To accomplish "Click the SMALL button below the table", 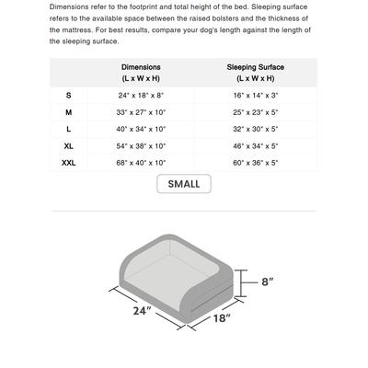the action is pyautogui.click(x=183, y=184).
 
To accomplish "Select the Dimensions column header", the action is pyautogui.click(x=141, y=73).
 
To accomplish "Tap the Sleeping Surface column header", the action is pyautogui.click(x=255, y=73).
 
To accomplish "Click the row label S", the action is pyautogui.click(x=68, y=96).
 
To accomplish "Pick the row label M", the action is pyautogui.click(x=68, y=112).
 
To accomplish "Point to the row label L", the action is pyautogui.click(x=68, y=130).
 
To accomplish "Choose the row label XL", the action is pyautogui.click(x=69, y=146).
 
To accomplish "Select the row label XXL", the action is pyautogui.click(x=69, y=163).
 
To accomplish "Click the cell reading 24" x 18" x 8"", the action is pyautogui.click(x=141, y=96).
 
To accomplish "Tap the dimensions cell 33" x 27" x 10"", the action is pyautogui.click(x=141, y=112).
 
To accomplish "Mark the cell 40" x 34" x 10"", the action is pyautogui.click(x=141, y=130).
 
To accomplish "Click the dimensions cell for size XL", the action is pyautogui.click(x=141, y=146).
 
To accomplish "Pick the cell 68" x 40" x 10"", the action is pyautogui.click(x=141, y=163).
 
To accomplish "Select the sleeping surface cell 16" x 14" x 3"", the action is pyautogui.click(x=255, y=96).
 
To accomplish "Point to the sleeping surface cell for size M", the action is pyautogui.click(x=255, y=112).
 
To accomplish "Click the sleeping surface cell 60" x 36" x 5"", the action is pyautogui.click(x=255, y=163).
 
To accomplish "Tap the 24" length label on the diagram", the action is pyautogui.click(x=140, y=311).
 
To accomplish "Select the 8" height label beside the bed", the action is pyautogui.click(x=268, y=282).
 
